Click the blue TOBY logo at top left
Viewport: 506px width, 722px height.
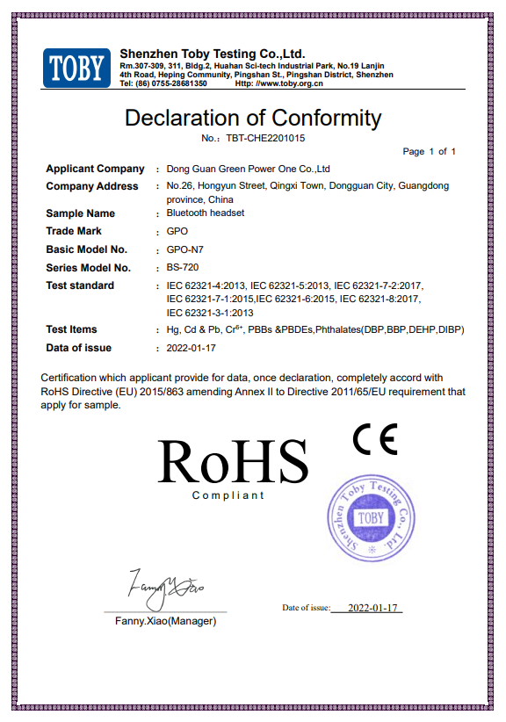point(77,68)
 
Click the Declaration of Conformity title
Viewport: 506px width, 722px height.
point(253,118)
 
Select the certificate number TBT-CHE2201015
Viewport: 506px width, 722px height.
point(265,138)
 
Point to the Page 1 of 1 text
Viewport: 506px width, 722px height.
point(429,152)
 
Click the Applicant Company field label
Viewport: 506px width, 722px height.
point(95,169)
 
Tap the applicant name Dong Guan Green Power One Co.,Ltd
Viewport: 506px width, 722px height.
point(248,169)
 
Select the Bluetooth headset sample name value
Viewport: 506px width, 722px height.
point(205,213)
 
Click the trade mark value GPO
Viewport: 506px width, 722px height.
point(177,232)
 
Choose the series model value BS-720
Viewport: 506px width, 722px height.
point(182,268)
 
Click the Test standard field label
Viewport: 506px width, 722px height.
point(80,285)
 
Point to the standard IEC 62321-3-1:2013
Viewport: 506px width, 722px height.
point(210,313)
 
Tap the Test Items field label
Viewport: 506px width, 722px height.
point(72,329)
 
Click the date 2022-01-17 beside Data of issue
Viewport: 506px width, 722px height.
point(191,348)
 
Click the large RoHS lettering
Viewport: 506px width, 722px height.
point(233,460)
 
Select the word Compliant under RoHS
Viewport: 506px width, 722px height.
point(228,495)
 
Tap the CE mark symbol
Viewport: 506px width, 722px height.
point(375,438)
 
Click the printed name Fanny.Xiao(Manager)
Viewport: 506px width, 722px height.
point(165,621)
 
